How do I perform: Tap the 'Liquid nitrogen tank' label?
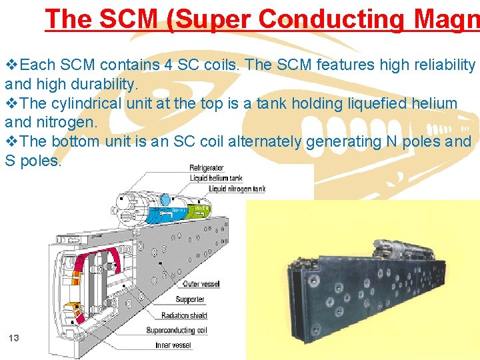(237, 189)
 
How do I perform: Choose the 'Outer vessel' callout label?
(202, 284)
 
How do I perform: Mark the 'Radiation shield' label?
(185, 315)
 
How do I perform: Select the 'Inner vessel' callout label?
(173, 345)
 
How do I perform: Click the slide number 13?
(13, 338)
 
